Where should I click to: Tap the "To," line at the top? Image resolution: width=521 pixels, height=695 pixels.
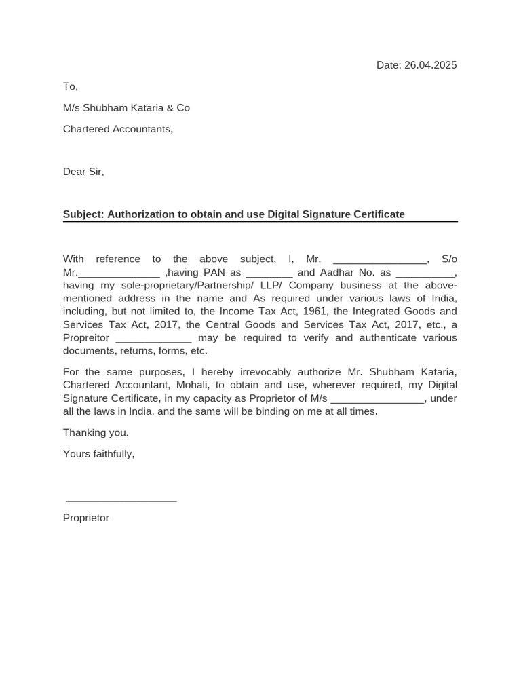(71, 86)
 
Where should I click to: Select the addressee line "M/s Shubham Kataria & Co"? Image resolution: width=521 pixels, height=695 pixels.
(126, 108)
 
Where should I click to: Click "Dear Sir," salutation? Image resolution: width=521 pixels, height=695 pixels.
(83, 172)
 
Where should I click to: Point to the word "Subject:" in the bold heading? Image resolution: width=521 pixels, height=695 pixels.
(83, 214)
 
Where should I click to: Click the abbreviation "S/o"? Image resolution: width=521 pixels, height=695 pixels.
(449, 259)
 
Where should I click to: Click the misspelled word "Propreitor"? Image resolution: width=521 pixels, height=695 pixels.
(86, 338)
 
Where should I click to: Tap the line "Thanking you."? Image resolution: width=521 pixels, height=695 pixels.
(96, 432)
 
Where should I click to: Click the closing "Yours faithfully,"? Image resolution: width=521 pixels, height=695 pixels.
(99, 454)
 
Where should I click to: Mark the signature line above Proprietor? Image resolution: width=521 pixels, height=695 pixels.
(121, 501)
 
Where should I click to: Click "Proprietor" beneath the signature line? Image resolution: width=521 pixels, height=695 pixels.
(86, 518)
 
